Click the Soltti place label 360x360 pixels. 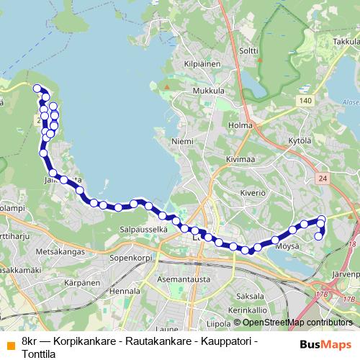[x=248, y=50]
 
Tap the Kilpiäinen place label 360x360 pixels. [x=202, y=64]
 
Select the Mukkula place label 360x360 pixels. [x=209, y=91]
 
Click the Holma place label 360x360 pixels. [x=240, y=125]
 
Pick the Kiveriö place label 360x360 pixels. [x=253, y=193]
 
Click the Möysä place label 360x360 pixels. [x=287, y=246]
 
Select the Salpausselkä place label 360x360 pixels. [x=143, y=229]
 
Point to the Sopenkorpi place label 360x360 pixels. [x=129, y=256]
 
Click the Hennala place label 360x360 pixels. [x=126, y=291]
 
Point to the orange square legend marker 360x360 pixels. [x=9, y=343]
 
